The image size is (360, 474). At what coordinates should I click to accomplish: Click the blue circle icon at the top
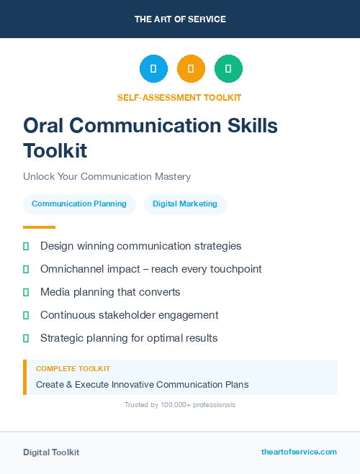153,69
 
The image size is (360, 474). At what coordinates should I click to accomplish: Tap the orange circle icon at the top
191,69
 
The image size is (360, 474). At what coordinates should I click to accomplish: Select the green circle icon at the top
228,69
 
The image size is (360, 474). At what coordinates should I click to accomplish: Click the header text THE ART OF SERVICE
180,19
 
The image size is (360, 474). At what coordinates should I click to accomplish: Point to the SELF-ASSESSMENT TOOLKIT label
179,97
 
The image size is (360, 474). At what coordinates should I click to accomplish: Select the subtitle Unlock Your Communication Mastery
107,176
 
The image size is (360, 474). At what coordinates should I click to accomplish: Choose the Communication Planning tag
79,204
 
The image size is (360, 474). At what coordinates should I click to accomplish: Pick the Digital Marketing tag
185,204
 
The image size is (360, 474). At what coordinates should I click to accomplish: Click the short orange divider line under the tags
39,227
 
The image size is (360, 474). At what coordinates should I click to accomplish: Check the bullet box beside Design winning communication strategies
26,247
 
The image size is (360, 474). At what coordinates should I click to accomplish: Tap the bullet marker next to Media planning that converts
26,292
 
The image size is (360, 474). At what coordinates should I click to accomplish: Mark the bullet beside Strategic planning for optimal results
26,338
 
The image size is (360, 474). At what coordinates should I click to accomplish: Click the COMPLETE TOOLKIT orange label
73,369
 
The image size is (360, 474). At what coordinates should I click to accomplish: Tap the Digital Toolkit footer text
51,452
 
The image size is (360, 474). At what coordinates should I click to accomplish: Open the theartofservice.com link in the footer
299,452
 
